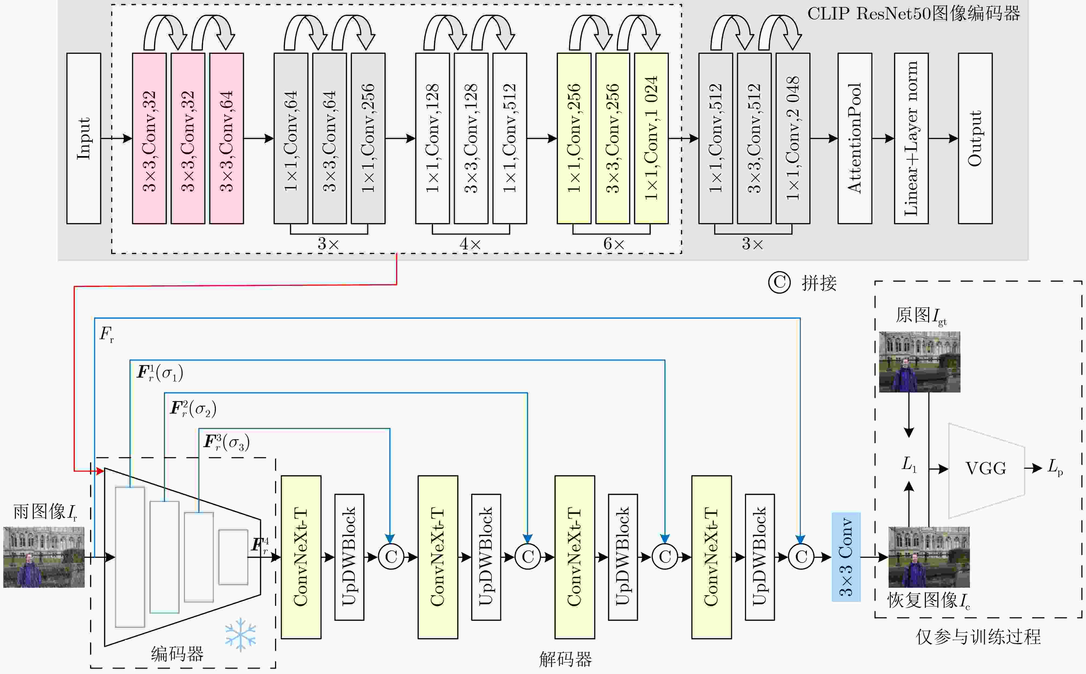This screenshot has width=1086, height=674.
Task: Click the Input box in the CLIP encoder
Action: (84, 138)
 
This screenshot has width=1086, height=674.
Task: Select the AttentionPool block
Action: (854, 138)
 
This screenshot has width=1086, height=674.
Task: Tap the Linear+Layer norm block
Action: (911, 138)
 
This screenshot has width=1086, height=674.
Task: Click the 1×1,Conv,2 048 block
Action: (792, 138)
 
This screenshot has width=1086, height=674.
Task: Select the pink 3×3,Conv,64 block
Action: (226, 138)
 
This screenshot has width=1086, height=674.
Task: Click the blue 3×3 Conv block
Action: (846, 557)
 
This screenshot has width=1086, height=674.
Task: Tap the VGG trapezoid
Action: (986, 469)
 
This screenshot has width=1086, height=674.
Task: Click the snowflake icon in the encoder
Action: (241, 634)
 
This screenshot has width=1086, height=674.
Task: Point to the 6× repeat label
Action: (614, 244)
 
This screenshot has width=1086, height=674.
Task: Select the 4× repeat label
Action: (470, 244)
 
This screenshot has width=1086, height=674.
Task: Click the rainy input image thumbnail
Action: (44, 557)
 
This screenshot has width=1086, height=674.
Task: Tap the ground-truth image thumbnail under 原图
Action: (919, 362)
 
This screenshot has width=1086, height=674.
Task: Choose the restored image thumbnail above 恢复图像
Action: (929, 557)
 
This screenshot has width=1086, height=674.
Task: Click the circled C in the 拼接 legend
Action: (779, 283)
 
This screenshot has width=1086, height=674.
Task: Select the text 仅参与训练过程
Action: (978, 637)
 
